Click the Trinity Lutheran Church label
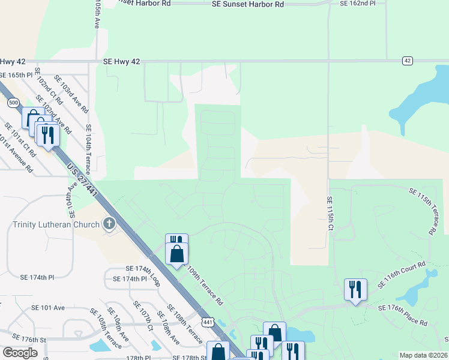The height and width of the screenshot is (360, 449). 55,225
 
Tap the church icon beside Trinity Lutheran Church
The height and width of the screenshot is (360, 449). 109,224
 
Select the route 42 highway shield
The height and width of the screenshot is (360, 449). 408,61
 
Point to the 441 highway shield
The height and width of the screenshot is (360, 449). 208,322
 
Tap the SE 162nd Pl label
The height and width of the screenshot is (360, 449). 357,3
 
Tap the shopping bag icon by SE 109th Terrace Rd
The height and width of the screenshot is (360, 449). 176,254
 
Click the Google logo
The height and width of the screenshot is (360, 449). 20,353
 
